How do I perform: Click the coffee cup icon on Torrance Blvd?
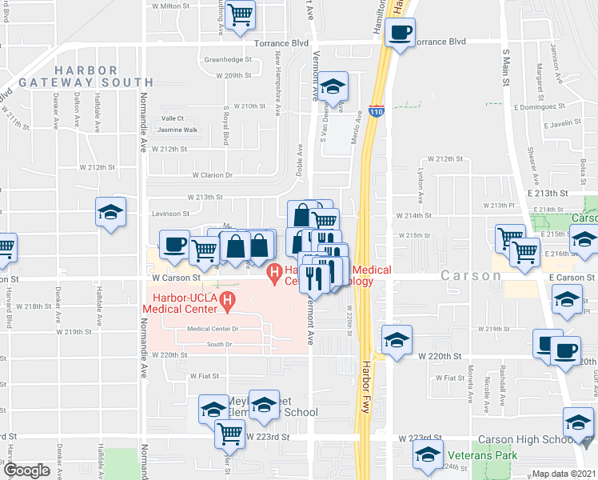tap(400, 34)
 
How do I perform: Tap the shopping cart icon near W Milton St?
tap(240, 15)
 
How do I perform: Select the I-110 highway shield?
tap(376, 113)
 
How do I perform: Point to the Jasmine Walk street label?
tap(177, 130)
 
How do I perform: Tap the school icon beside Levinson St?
tap(110, 213)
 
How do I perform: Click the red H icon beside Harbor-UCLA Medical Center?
tap(228, 302)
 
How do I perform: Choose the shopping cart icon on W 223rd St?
tap(230, 434)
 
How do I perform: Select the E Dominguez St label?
tap(540, 106)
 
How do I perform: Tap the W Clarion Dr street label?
tap(212, 174)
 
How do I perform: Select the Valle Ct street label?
tap(173, 118)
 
